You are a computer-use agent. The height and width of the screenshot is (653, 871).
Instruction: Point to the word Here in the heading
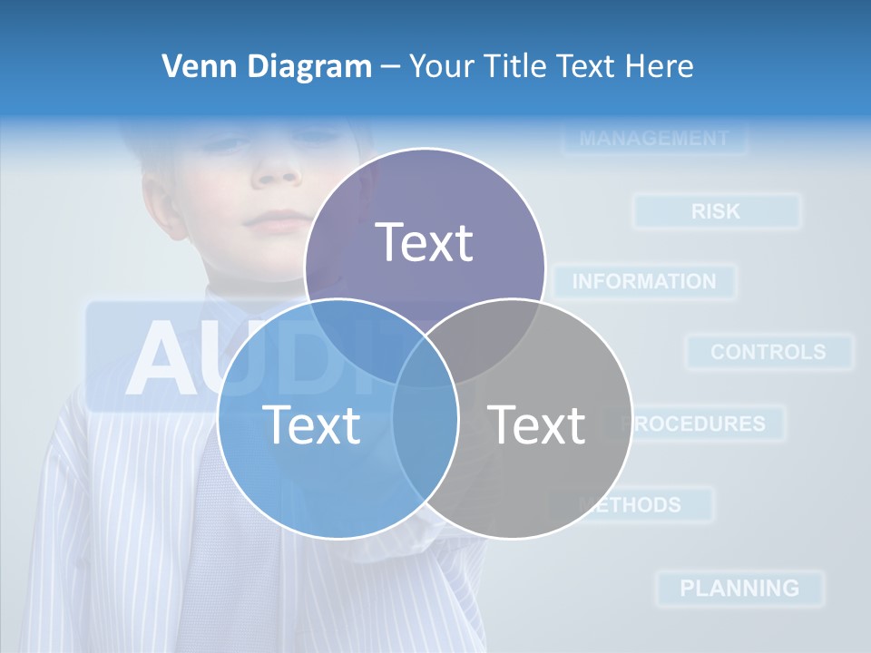point(661,66)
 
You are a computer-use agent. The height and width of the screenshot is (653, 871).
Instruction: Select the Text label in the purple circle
point(424,242)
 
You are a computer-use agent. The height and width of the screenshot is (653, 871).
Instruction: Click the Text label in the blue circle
point(311,424)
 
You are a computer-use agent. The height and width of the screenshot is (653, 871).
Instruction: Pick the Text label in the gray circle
point(536,424)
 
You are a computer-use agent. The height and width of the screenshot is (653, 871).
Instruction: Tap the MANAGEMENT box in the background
point(653,139)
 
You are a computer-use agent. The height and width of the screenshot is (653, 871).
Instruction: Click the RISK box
point(716,211)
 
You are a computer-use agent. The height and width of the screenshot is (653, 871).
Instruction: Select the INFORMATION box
point(644,282)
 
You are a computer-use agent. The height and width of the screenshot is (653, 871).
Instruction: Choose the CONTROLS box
point(768,352)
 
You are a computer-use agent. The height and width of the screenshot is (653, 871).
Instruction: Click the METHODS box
point(635,504)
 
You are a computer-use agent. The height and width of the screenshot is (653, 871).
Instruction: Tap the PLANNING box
point(739,588)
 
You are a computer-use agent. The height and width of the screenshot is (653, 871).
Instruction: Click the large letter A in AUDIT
point(163,358)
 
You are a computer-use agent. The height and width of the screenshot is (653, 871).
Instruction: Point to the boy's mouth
point(277,220)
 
